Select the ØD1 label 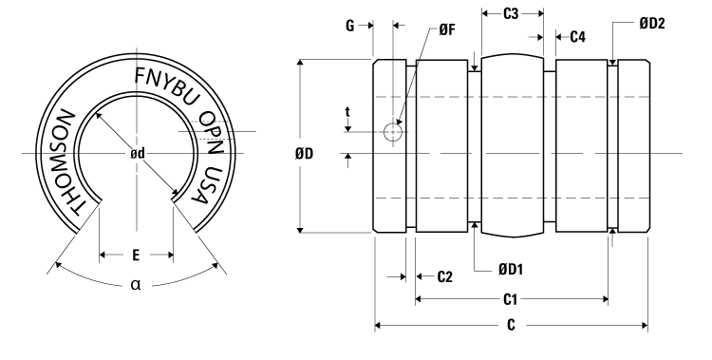[512, 270]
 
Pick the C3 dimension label [511, 14]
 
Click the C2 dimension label [444, 277]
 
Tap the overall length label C [511, 325]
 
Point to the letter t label [348, 111]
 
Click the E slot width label [136, 255]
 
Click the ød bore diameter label [137, 153]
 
